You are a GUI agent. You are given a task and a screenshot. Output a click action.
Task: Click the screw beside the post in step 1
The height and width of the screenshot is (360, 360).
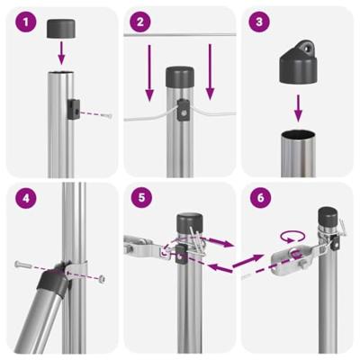[106, 113]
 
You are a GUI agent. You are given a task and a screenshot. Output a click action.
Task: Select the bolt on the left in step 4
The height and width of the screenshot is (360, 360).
[23, 265]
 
